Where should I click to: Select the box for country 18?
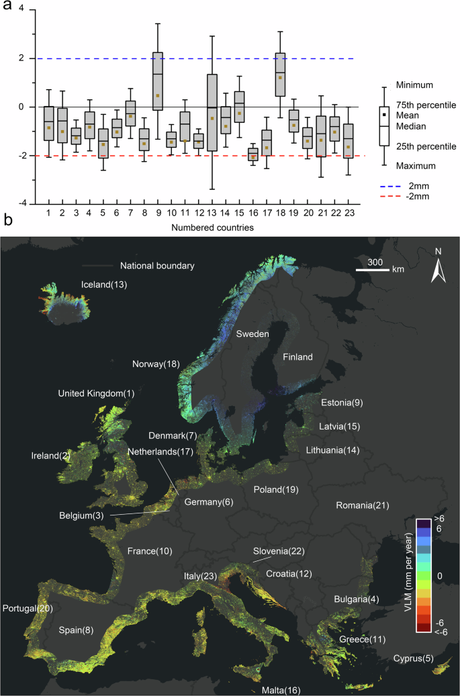[x=280, y=74]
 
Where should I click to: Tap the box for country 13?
[x=212, y=112]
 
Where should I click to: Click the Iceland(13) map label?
[x=104, y=285]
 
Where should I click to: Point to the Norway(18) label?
[x=156, y=364]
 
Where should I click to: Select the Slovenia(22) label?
[x=279, y=551]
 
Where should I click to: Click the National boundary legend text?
[x=156, y=265]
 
